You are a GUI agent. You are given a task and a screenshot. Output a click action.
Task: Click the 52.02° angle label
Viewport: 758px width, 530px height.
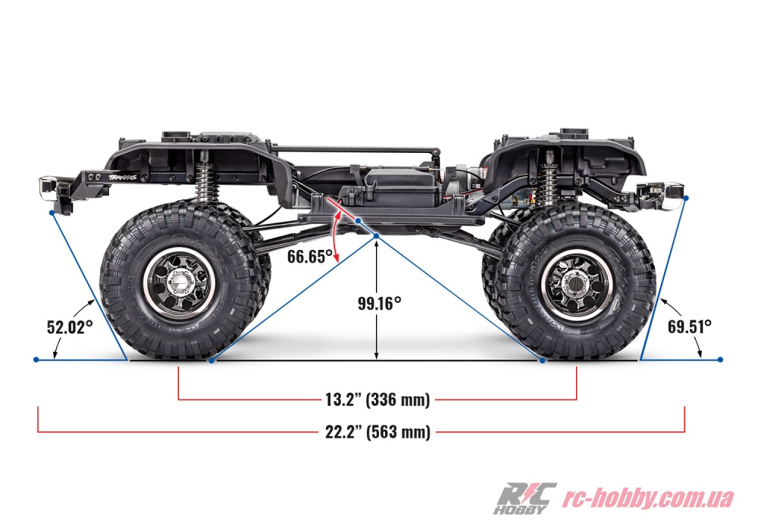click(x=70, y=327)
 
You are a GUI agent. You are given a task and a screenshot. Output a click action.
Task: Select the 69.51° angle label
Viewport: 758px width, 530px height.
click(x=689, y=327)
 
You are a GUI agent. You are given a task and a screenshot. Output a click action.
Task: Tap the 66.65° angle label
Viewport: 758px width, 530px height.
click(x=310, y=257)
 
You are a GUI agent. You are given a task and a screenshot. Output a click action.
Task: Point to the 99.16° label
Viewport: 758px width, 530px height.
click(x=380, y=303)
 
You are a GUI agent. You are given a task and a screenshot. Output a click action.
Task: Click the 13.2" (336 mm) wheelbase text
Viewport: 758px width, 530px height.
click(x=377, y=400)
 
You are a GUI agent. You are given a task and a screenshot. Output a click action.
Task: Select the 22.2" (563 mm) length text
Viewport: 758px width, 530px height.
click(x=377, y=432)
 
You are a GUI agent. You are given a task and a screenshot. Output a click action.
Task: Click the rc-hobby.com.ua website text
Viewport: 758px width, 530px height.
click(x=648, y=498)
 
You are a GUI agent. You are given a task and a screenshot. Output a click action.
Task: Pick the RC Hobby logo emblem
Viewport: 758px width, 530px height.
click(x=525, y=498)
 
